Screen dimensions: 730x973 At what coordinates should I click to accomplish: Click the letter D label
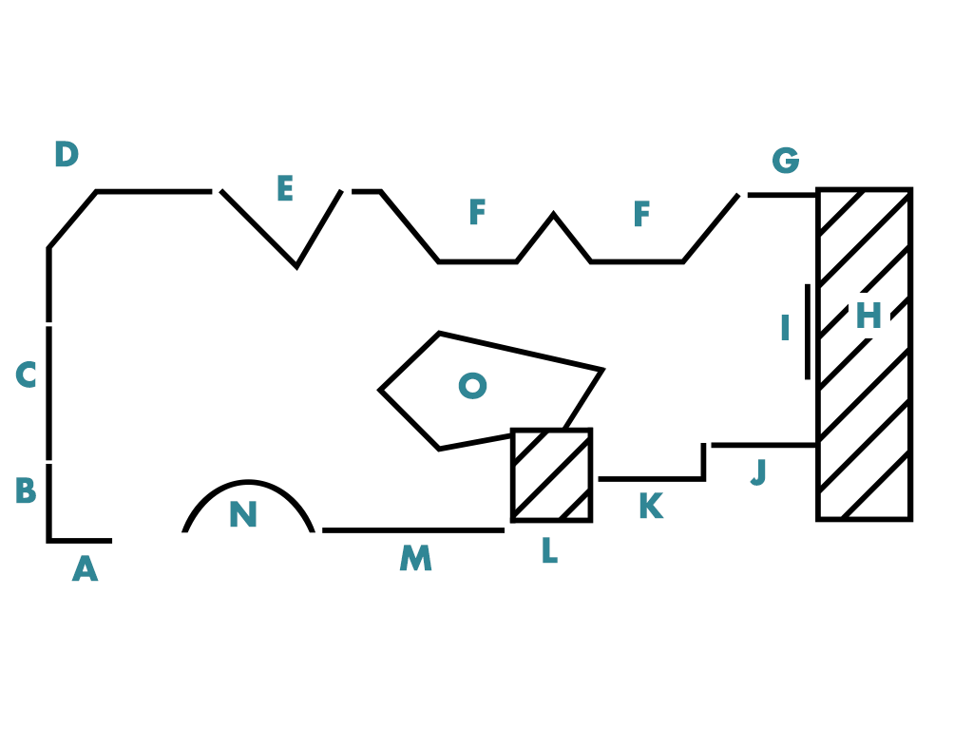point(66,155)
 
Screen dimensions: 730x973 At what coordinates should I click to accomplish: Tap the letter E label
point(284,189)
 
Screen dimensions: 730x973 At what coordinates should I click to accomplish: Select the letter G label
point(785,162)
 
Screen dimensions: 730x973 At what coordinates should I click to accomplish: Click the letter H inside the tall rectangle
point(868,317)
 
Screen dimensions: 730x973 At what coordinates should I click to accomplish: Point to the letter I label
point(785,329)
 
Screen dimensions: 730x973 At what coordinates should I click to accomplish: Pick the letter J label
point(758,472)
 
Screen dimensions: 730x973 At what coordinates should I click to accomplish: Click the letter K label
point(650,508)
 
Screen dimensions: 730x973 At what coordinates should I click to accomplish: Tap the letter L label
point(548,551)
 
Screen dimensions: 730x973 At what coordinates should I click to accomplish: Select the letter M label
point(415,559)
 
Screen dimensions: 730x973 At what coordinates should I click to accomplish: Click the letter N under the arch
point(242,516)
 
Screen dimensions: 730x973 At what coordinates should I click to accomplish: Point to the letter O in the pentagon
point(472,386)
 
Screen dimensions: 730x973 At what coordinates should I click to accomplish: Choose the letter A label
point(85,569)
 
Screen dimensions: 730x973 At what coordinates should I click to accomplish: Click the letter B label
point(26,491)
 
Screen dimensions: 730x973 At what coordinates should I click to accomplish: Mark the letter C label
point(26,375)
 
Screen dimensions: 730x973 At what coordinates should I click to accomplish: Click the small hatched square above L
point(551,475)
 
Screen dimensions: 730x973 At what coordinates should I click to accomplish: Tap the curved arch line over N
point(249,484)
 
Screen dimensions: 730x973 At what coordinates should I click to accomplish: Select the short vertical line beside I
point(808,332)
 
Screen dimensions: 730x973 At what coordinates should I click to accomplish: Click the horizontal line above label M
point(412,530)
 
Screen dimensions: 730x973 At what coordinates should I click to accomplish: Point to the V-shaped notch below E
point(296,263)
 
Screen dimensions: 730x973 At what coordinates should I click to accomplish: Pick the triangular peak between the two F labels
point(554,218)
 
